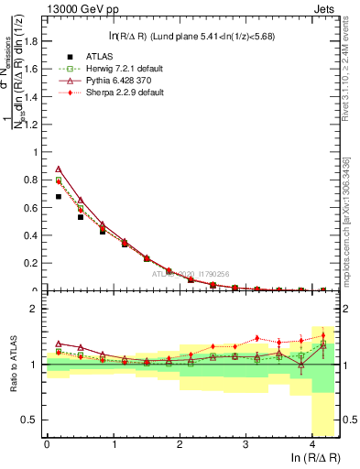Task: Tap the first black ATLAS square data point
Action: (59, 196)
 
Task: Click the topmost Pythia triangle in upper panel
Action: (59, 169)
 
